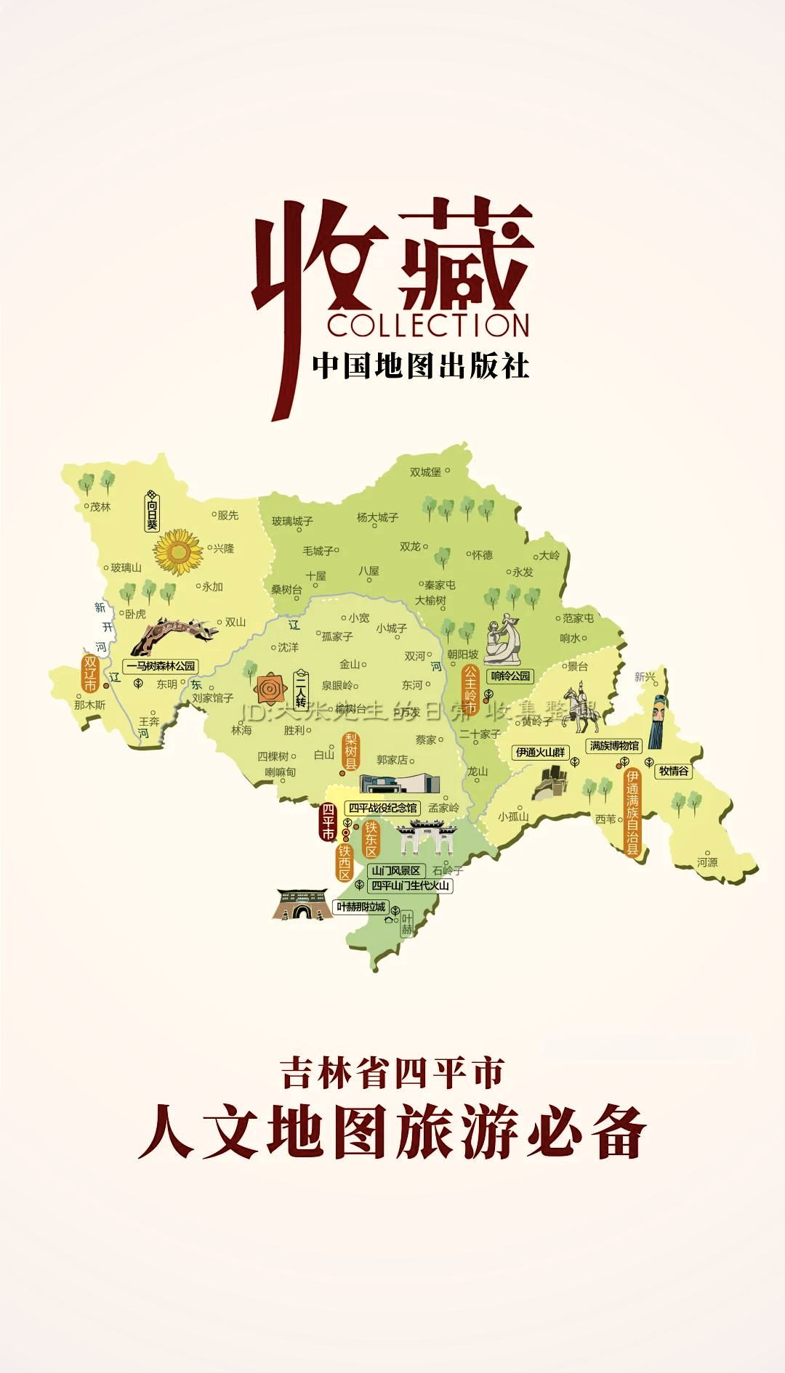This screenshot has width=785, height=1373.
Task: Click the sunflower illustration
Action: (x=178, y=552)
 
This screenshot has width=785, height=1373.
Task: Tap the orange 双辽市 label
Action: (x=90, y=673)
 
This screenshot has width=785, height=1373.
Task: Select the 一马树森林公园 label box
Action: (x=161, y=665)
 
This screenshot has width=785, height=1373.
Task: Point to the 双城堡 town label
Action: (x=425, y=472)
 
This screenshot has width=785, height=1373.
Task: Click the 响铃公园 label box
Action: (x=510, y=676)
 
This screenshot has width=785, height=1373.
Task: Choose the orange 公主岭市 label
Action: (x=470, y=689)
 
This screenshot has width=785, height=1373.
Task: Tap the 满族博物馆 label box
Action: (x=614, y=745)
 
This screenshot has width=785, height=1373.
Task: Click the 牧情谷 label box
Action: (x=674, y=771)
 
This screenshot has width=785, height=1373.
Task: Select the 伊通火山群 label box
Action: (x=540, y=752)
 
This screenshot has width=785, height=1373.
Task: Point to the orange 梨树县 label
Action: (x=351, y=751)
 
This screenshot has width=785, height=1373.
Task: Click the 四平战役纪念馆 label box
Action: (x=382, y=808)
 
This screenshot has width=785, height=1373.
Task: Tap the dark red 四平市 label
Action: (x=328, y=822)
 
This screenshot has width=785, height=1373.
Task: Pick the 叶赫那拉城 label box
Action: (x=361, y=907)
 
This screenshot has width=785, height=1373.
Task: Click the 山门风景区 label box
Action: (x=396, y=870)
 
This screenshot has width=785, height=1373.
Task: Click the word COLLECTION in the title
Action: (x=428, y=325)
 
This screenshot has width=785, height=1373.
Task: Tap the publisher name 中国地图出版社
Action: (x=421, y=365)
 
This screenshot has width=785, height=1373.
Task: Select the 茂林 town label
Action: (x=100, y=507)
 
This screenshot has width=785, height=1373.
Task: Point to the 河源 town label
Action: (x=707, y=862)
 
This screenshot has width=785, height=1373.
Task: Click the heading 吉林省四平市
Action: (x=392, y=1073)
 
